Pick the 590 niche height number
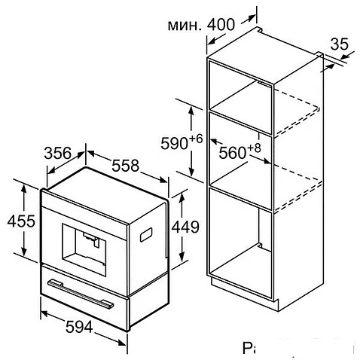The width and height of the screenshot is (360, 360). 175,142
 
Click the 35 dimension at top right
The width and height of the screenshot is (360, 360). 341,45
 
